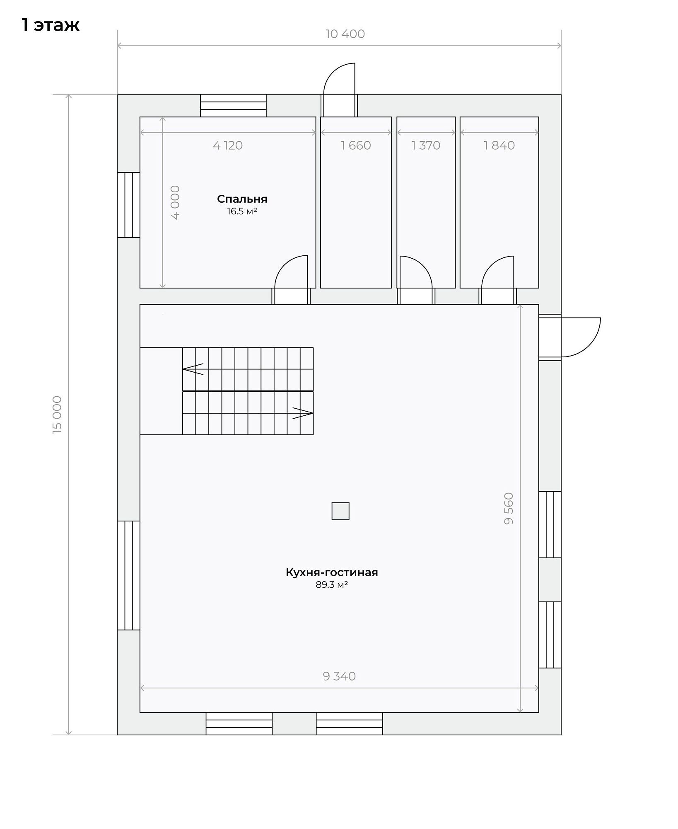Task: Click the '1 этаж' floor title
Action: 50,25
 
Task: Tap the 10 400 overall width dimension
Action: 345,34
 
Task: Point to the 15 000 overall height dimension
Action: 57,414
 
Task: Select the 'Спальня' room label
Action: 242,199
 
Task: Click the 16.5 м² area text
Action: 242,211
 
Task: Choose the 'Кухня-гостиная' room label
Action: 332,572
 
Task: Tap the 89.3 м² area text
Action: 332,585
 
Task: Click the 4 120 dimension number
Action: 228,145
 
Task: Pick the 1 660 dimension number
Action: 356,145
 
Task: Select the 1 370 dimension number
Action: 426,145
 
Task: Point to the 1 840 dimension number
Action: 499,145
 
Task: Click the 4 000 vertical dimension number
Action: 175,202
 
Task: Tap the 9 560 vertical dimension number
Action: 509,509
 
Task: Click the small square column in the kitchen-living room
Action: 340,511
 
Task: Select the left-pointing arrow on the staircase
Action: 193,369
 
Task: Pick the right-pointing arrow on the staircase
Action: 303,413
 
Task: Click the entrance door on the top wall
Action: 339,90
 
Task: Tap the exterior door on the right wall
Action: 570,337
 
